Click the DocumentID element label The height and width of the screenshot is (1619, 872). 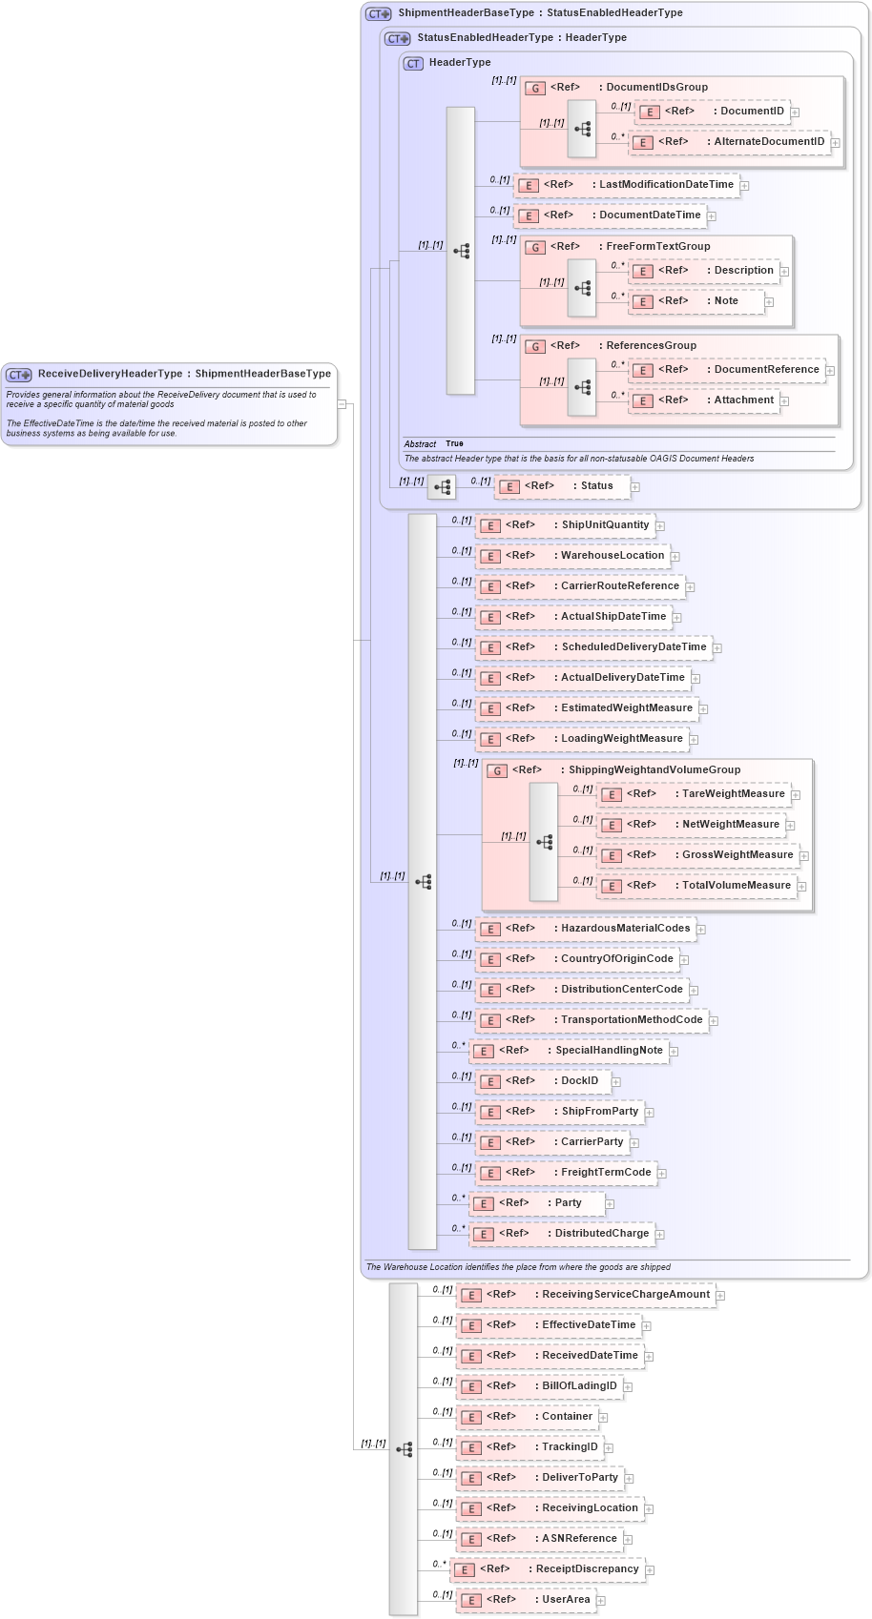752,112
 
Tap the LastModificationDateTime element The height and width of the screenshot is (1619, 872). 666,185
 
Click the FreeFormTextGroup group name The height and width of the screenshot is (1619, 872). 657,246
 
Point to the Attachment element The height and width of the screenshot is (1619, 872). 743,400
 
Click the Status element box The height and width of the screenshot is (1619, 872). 596,486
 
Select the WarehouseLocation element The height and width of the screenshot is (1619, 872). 612,556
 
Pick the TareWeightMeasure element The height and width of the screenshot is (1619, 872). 733,794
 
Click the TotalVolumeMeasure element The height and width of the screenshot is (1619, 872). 736,886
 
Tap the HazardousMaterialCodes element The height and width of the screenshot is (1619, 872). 625,929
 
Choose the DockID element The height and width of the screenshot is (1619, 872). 579,1081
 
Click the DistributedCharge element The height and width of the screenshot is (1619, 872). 601,1234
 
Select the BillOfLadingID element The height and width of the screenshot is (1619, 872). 579,1386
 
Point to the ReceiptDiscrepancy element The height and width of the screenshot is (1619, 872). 587,1569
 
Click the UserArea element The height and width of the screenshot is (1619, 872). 566,1600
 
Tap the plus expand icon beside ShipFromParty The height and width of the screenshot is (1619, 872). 649,1112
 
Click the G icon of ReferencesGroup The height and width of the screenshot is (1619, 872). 535,347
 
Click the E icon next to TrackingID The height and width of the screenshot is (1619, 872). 470,1448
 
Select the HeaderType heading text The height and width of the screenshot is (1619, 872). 460,63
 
